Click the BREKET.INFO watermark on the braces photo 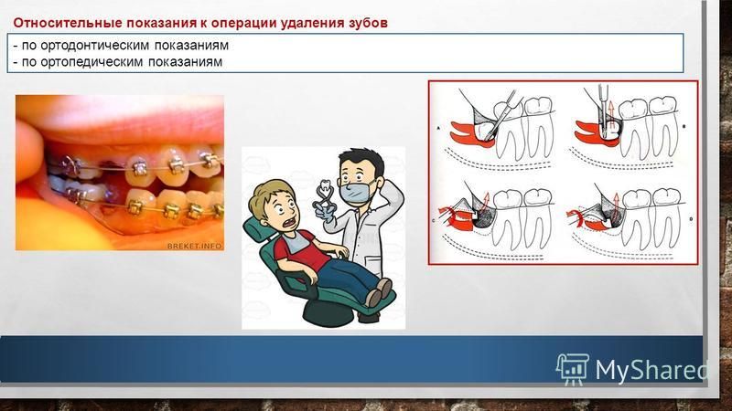point(195,246)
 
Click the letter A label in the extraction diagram point(439,128)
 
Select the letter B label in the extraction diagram point(684,126)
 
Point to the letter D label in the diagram point(691,219)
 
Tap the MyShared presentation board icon point(573,369)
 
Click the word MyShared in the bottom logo point(651,370)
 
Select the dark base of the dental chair point(336,313)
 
